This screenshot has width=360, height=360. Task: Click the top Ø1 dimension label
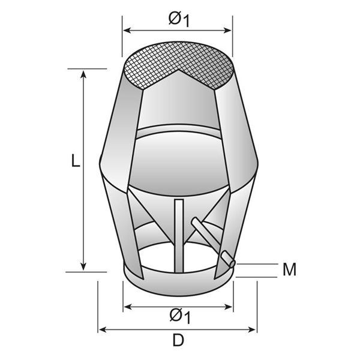[x=179, y=19]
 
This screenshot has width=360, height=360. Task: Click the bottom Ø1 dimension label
[x=180, y=316]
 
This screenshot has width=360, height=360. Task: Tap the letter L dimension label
[x=76, y=161]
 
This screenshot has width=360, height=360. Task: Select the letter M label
[x=289, y=269]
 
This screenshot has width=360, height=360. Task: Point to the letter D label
[x=178, y=340]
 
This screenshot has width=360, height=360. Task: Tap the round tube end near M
[x=232, y=263]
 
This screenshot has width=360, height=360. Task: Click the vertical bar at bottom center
[x=179, y=236]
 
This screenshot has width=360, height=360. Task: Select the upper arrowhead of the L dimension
[x=83, y=74]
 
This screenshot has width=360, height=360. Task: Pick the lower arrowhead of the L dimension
[x=83, y=267]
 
